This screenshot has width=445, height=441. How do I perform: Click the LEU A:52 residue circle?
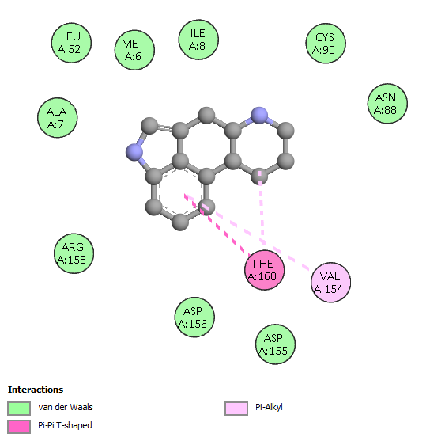71,43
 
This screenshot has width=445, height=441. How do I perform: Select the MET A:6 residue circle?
134,50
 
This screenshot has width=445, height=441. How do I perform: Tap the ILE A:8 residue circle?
198,40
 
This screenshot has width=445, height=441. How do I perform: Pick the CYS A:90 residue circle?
326,44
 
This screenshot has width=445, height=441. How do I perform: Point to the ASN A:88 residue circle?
387,104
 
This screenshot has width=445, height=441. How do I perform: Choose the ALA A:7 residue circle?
58,118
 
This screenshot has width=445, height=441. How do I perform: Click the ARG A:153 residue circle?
74,253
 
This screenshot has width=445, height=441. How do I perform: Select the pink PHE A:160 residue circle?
265,270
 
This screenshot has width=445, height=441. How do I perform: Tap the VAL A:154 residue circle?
331,283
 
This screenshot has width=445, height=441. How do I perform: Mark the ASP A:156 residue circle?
194,317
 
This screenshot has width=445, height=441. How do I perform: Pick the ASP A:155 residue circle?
275,344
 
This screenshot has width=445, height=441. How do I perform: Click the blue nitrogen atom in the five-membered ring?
134,152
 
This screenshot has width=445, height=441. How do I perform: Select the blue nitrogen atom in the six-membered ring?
259,116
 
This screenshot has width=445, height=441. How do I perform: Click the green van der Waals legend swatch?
19,409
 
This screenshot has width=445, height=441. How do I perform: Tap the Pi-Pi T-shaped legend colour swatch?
19,427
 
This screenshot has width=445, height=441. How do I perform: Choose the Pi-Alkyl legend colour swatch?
236,409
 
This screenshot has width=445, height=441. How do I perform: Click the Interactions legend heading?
36,390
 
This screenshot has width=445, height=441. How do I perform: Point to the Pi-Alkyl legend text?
269,408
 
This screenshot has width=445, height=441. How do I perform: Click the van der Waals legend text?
66,407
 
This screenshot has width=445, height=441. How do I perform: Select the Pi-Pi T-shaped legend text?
65,425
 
